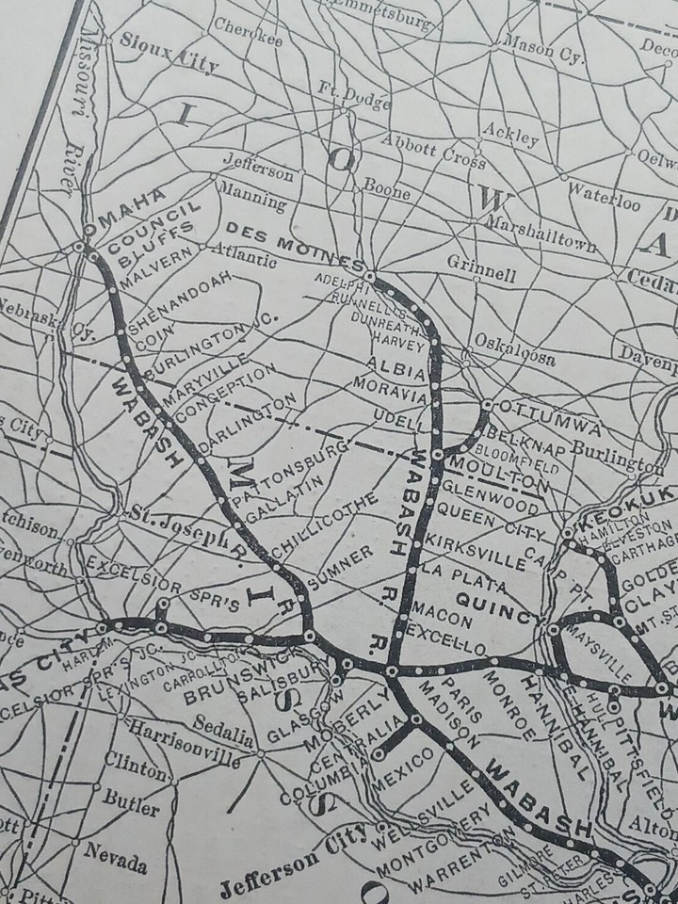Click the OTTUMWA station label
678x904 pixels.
(x=533, y=414)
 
